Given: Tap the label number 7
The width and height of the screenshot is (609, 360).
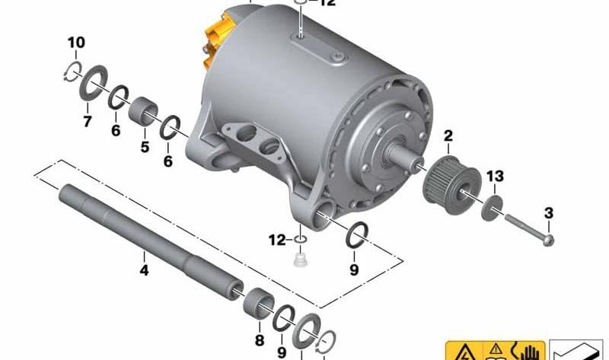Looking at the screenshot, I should (87, 122).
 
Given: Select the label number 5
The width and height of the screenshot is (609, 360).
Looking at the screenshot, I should (145, 146).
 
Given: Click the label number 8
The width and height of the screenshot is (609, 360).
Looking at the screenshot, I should (260, 339).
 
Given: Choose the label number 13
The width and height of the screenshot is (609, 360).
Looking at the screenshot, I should (495, 177).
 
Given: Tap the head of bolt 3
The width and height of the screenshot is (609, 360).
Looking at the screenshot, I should (548, 240).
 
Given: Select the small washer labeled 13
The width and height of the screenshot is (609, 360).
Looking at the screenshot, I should (494, 207).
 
